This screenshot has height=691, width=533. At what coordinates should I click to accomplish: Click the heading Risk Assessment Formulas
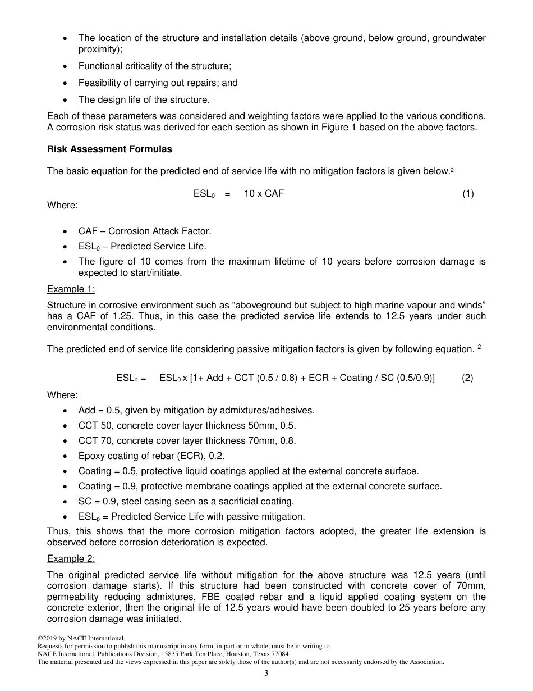click(x=109, y=149)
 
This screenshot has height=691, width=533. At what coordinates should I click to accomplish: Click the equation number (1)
click(x=468, y=194)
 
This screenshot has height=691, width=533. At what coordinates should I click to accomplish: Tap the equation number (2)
click(x=467, y=378)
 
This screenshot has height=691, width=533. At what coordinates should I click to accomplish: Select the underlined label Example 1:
click(x=71, y=289)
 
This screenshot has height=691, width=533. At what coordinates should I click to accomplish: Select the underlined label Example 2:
click(x=71, y=559)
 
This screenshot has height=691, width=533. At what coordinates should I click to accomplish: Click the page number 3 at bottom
click(x=266, y=674)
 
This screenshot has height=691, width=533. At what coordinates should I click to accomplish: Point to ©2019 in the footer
click(x=48, y=638)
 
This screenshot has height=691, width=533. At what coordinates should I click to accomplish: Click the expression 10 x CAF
click(x=264, y=194)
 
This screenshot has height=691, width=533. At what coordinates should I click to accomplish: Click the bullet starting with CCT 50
click(x=187, y=426)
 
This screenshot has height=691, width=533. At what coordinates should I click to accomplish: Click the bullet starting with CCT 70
click(x=187, y=441)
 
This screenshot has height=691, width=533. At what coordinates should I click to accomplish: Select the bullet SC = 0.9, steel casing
click(x=186, y=502)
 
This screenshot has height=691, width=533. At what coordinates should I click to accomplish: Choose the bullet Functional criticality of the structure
click(x=154, y=66)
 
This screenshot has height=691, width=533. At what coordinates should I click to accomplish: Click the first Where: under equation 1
click(x=62, y=205)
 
